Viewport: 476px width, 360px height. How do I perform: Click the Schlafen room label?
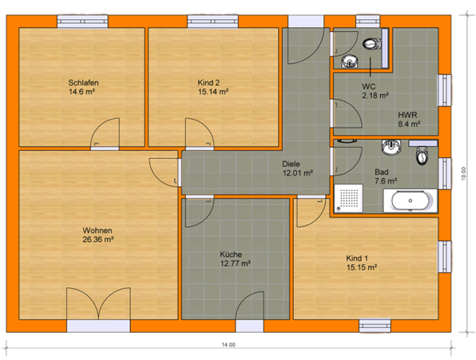83,82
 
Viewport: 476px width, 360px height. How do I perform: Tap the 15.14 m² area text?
213,92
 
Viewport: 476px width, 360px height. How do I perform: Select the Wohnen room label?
97,231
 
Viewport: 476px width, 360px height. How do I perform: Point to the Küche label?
231,255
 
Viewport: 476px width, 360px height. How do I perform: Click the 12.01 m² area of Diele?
298,173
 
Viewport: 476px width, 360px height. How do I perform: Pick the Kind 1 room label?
357,259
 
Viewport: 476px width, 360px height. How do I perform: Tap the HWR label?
407,115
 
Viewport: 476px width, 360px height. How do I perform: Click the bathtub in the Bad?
411,201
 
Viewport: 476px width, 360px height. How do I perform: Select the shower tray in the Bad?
348,198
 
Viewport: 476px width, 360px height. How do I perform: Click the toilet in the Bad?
421,156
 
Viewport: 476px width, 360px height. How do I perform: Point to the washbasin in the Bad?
391,147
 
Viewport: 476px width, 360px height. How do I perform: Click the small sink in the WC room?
350,62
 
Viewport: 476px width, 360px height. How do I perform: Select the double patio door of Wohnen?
98,304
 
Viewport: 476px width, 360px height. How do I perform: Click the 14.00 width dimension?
228,345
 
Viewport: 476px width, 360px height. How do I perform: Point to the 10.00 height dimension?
463,174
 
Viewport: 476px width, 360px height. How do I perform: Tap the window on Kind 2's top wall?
212,22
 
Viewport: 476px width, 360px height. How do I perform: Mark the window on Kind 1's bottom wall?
375,326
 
